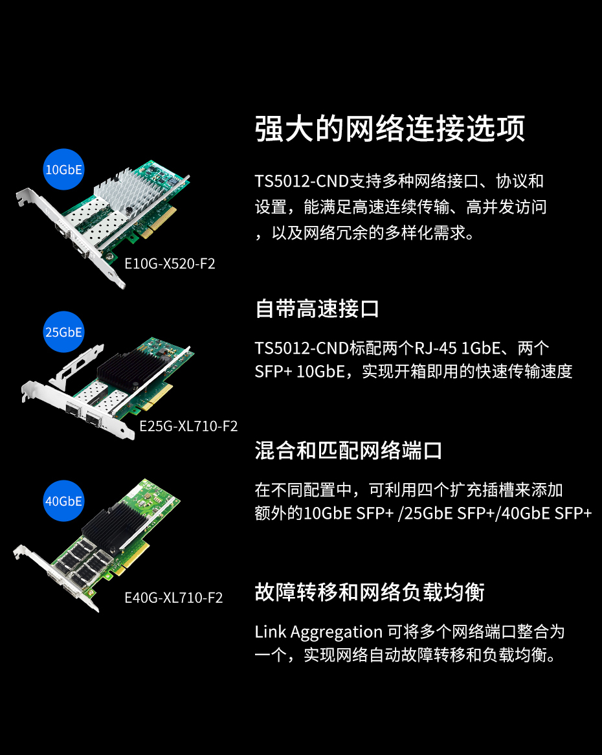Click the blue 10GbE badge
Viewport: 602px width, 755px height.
(x=63, y=170)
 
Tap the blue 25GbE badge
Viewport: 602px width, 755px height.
(x=63, y=332)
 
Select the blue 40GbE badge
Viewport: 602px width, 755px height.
(x=63, y=501)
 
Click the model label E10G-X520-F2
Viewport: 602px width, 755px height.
(x=170, y=264)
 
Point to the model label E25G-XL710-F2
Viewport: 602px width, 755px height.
(x=188, y=426)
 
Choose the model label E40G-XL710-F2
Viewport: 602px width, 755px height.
(x=173, y=598)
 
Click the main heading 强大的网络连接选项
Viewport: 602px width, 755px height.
(x=390, y=129)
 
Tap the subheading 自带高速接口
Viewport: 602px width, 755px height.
(x=317, y=309)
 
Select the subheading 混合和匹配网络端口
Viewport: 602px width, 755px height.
(x=348, y=451)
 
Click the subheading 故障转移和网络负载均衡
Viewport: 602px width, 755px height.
(x=370, y=592)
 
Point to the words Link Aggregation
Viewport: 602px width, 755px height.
(x=318, y=632)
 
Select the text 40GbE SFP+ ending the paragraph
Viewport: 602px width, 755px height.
(x=547, y=513)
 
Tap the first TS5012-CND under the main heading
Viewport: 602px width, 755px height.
(x=302, y=181)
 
